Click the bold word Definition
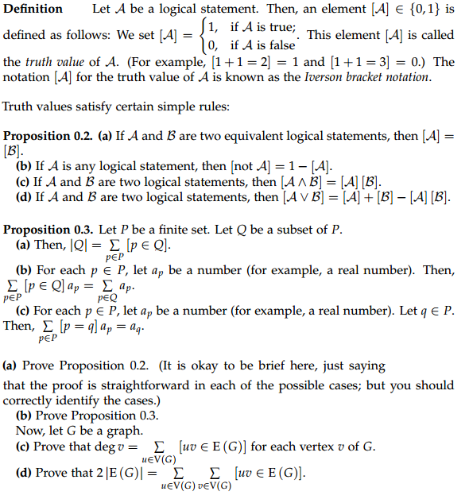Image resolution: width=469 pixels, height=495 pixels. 33,9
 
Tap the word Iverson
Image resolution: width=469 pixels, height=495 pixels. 320,77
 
